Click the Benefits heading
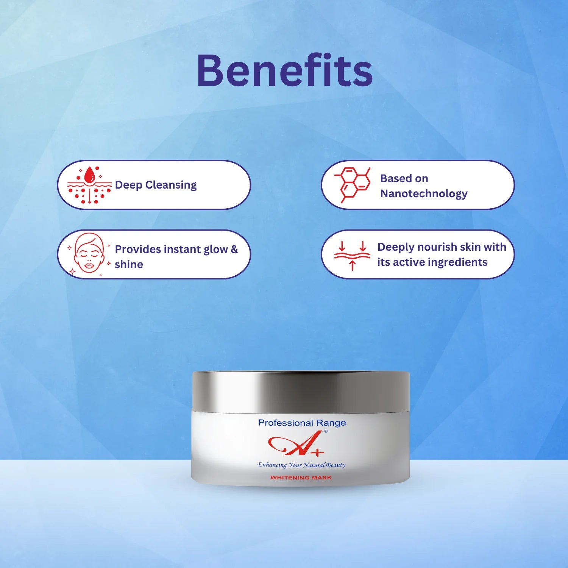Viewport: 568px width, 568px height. (285, 71)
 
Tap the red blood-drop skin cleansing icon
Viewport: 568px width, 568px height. (89, 185)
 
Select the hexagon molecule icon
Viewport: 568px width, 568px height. (353, 184)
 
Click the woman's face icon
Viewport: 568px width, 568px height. (89, 253)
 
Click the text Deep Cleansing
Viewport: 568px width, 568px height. (156, 185)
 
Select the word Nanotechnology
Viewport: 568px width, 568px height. (424, 193)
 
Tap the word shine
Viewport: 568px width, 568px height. (129, 264)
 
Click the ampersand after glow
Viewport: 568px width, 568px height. (234, 249)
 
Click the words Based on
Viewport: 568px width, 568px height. (404, 178)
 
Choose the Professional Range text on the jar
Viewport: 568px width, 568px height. (302, 423)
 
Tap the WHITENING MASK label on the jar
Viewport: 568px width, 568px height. (301, 478)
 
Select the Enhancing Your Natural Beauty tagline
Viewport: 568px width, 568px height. (301, 465)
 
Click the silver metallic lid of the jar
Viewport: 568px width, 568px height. (301, 392)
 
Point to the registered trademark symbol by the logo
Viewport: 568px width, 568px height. (326, 431)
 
